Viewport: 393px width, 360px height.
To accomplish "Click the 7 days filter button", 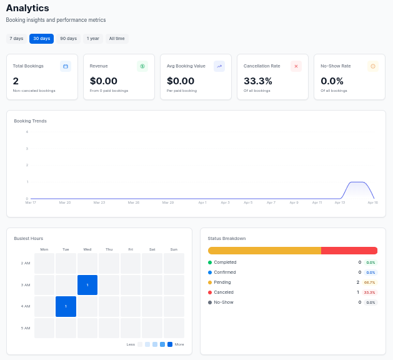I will [x=16, y=39].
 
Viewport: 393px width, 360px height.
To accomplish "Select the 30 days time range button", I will [x=41, y=39].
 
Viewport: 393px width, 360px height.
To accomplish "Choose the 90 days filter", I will [x=68, y=39].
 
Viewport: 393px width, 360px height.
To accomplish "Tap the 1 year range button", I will [x=92, y=39].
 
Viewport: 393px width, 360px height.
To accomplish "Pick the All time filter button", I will [x=117, y=39].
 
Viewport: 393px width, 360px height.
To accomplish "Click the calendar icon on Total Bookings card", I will [x=66, y=66].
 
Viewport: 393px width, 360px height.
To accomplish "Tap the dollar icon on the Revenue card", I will [x=142, y=66].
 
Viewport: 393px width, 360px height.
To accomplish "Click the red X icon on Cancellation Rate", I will [x=296, y=66].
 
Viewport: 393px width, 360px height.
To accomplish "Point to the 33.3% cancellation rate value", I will [x=257, y=81].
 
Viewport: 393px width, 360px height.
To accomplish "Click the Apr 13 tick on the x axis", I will [x=339, y=202].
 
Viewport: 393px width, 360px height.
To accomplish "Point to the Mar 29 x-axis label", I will [x=167, y=202].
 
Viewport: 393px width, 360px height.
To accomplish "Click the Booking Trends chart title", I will [x=30, y=121].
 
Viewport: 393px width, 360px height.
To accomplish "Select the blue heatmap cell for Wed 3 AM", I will [x=87, y=285].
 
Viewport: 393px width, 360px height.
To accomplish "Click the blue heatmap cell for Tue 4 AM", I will [x=66, y=306].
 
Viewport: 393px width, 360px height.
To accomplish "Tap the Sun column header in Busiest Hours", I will [x=174, y=249].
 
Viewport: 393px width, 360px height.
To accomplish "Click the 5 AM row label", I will [x=26, y=328].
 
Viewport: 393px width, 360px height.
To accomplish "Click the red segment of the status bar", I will [x=349, y=251].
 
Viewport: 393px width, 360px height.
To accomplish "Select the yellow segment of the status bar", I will [x=264, y=251].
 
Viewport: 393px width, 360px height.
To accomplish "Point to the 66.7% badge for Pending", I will [x=369, y=282].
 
